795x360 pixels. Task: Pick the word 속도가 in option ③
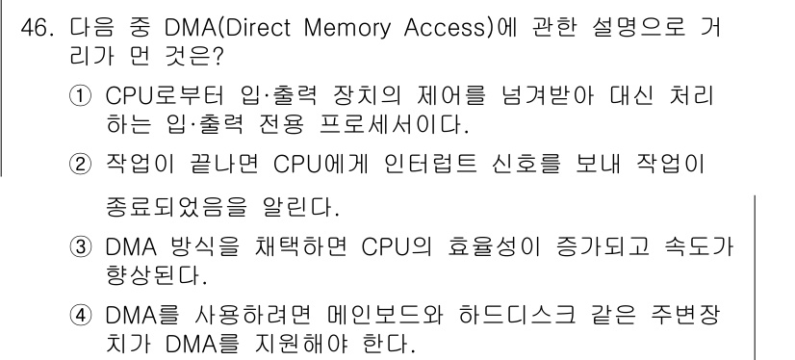699,251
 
